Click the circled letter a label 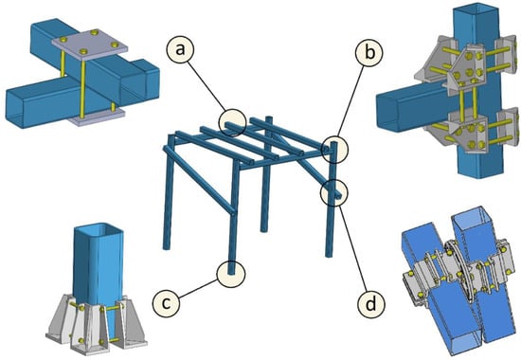pyautogui.click(x=180, y=49)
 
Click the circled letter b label pyautogui.click(x=369, y=52)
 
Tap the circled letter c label pyautogui.click(x=166, y=303)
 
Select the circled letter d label pyautogui.click(x=371, y=303)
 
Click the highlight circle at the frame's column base pyautogui.click(x=230, y=274)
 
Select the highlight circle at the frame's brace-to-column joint pyautogui.click(x=334, y=193)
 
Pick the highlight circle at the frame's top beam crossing pyautogui.click(x=232, y=122)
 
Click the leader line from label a pyautogui.click(x=208, y=86)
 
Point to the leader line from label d pyautogui.click(x=353, y=248)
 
